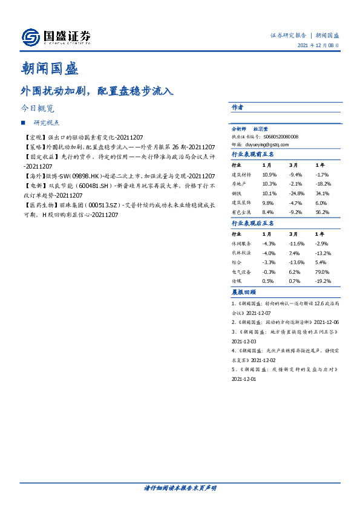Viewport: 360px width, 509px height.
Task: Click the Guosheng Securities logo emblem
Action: tap(30, 37)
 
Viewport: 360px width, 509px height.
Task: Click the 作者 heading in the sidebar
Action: tap(237, 107)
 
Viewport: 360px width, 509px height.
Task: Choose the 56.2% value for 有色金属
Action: tap(322, 212)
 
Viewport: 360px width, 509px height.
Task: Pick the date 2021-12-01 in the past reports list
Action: tap(244, 379)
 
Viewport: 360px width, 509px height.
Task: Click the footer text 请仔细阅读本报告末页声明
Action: tap(180, 487)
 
